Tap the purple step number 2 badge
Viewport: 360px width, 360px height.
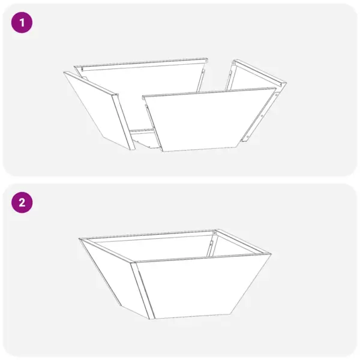[23, 202]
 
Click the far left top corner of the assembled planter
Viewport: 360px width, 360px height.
[80, 239]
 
